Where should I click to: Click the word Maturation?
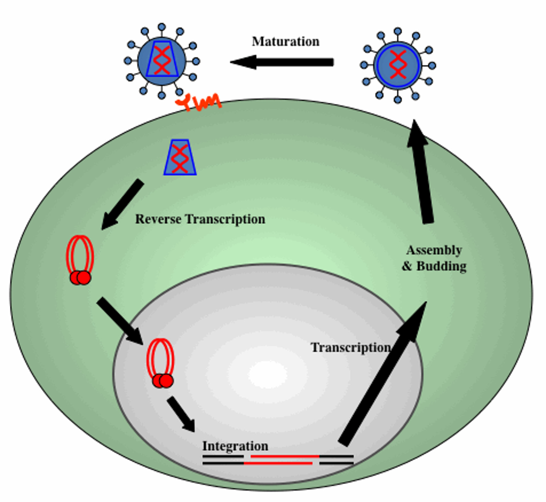285,42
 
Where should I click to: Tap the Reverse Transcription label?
200,219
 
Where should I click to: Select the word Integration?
235,446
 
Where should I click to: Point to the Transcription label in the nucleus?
350,348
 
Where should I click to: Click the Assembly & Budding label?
434,258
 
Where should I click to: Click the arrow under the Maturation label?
283,62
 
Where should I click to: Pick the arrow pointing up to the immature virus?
421,173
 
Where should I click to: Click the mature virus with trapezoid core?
162,61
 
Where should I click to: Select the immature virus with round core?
398,65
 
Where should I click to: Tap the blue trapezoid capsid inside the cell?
180,158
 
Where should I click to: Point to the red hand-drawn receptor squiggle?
199,102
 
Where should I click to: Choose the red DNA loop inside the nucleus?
161,363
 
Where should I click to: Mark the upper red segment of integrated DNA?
284,456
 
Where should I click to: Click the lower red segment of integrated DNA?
278,463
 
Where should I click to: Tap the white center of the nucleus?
268,374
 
